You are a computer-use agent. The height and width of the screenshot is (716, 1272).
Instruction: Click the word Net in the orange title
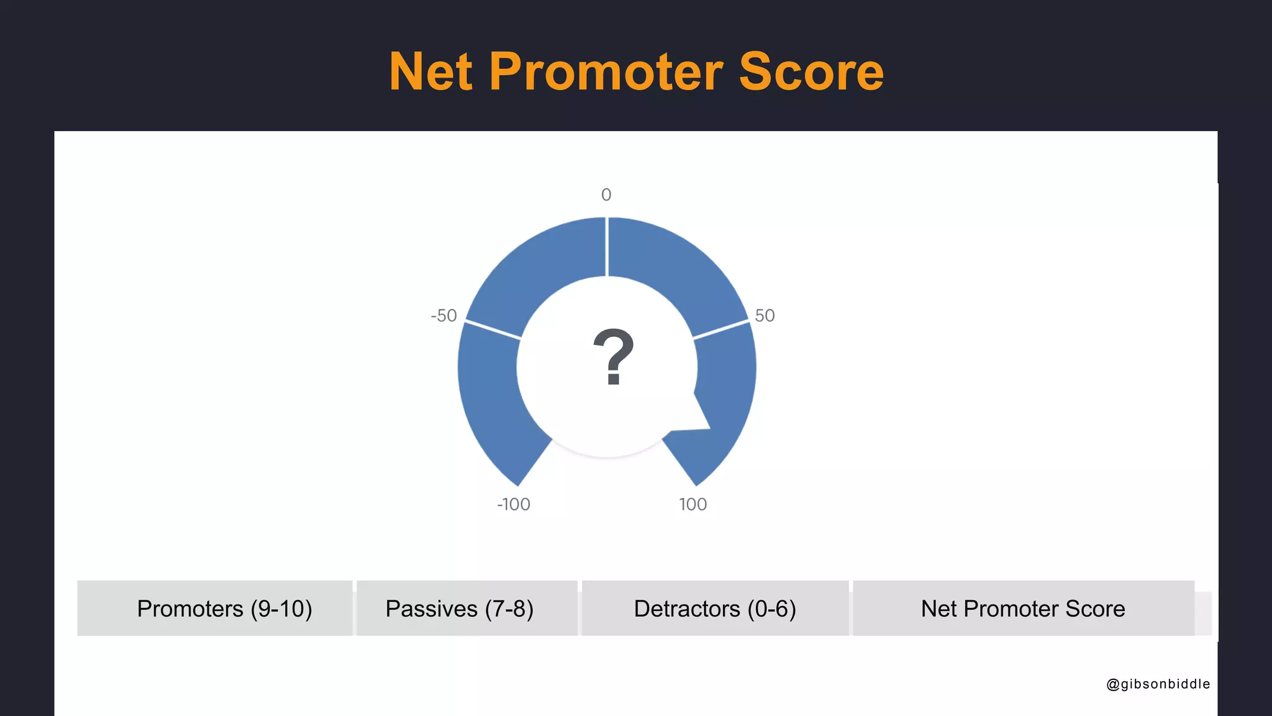[430, 72]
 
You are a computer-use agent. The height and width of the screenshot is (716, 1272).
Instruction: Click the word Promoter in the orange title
[606, 72]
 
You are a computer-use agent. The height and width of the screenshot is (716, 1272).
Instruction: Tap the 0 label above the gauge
[606, 195]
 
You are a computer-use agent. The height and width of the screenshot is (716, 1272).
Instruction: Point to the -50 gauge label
[443, 316]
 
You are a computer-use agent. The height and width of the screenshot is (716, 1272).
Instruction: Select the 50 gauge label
[765, 316]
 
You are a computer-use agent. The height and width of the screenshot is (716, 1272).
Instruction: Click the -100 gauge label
[514, 505]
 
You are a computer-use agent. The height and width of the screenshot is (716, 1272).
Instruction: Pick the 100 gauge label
[693, 505]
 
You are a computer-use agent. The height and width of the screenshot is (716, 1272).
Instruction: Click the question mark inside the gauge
[613, 357]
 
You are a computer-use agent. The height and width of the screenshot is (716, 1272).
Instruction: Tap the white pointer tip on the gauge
[706, 425]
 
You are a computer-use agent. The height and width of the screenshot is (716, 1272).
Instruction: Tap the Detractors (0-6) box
[715, 608]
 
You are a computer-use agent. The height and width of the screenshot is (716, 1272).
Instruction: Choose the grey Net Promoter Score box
[1023, 608]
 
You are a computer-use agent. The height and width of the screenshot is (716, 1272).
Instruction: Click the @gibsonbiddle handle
[1158, 684]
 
